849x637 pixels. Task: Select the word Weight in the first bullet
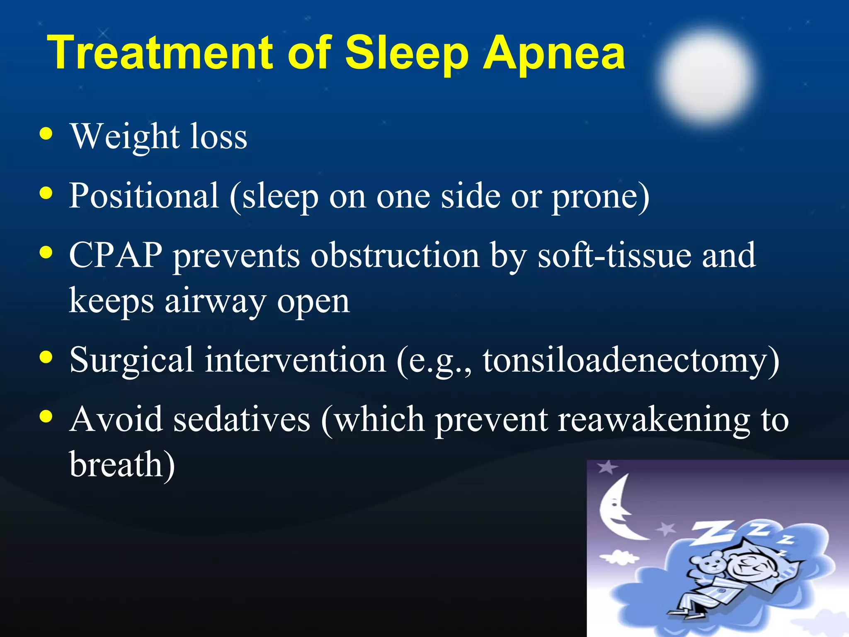point(125,137)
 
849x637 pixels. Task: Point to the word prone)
point(600,197)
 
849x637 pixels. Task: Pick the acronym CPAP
point(116,255)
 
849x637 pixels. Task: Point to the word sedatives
point(242,420)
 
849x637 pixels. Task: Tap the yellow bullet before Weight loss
point(46,134)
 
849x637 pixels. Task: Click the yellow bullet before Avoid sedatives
point(46,416)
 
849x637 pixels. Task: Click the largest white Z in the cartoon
point(712,532)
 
